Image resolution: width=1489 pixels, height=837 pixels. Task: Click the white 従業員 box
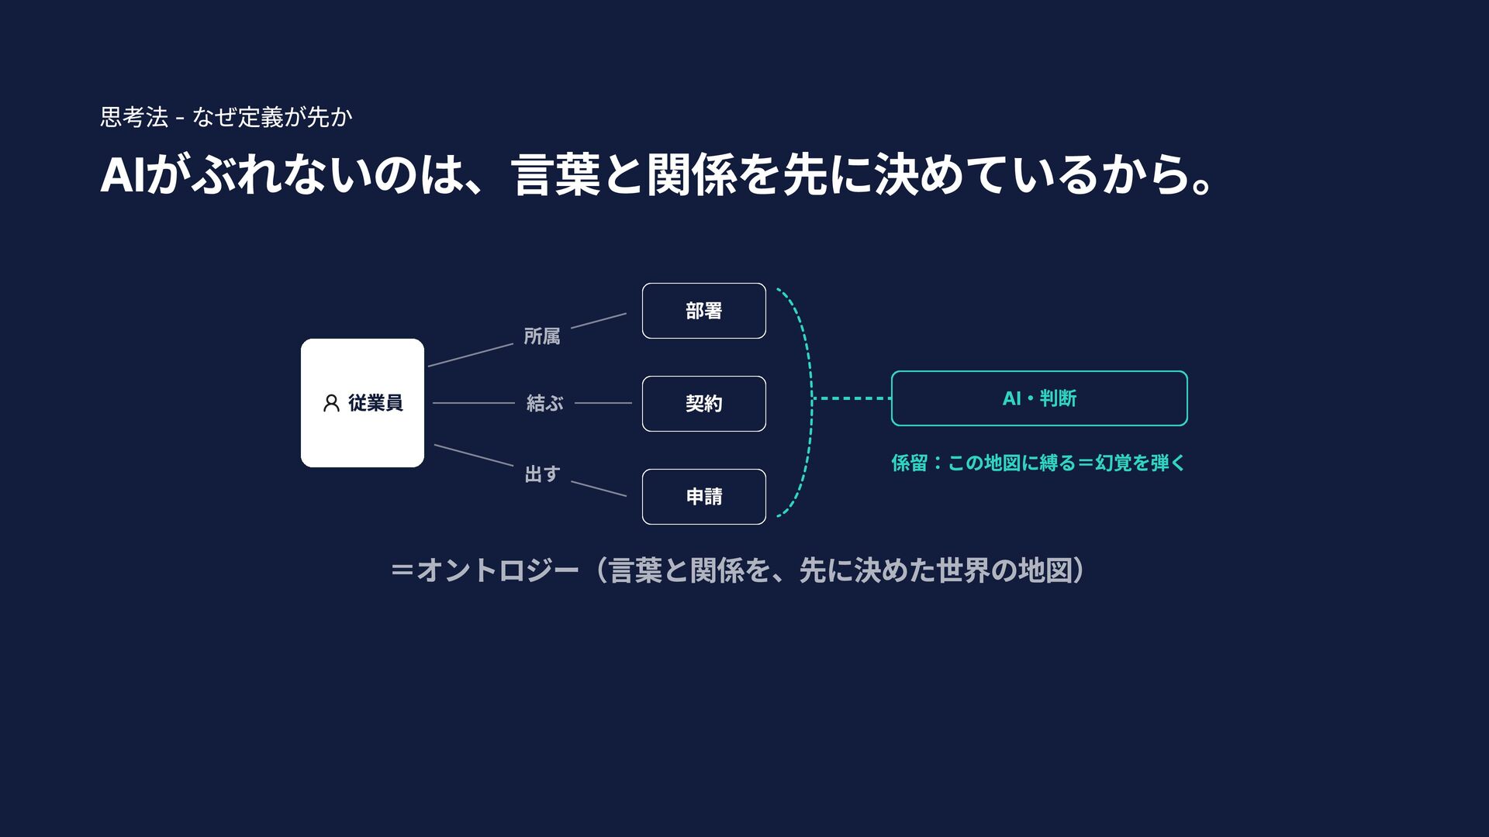[362, 403]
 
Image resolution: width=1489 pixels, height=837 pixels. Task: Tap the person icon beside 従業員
[331, 403]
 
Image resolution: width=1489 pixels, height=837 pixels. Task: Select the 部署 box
[704, 311]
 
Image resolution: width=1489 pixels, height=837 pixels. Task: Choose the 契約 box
[704, 404]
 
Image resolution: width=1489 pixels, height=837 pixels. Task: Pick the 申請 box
[704, 497]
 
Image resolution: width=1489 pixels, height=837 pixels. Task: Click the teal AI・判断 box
[1039, 398]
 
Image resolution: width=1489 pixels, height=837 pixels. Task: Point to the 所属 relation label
[542, 336]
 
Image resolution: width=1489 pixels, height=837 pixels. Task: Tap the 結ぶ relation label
[544, 403]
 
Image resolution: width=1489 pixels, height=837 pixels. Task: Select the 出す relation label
[543, 474]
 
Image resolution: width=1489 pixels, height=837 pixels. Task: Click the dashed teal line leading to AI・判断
[852, 398]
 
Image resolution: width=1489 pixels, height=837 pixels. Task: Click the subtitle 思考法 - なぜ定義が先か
[226, 117]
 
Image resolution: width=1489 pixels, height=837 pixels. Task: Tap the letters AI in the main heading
[123, 174]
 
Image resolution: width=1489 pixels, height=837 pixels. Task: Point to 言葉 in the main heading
[556, 174]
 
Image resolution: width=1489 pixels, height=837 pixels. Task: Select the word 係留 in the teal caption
[910, 463]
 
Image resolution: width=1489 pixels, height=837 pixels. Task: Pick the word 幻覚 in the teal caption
[1114, 463]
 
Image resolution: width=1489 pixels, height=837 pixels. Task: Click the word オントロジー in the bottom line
[498, 570]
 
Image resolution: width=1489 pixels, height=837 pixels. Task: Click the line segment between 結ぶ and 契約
[603, 403]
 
